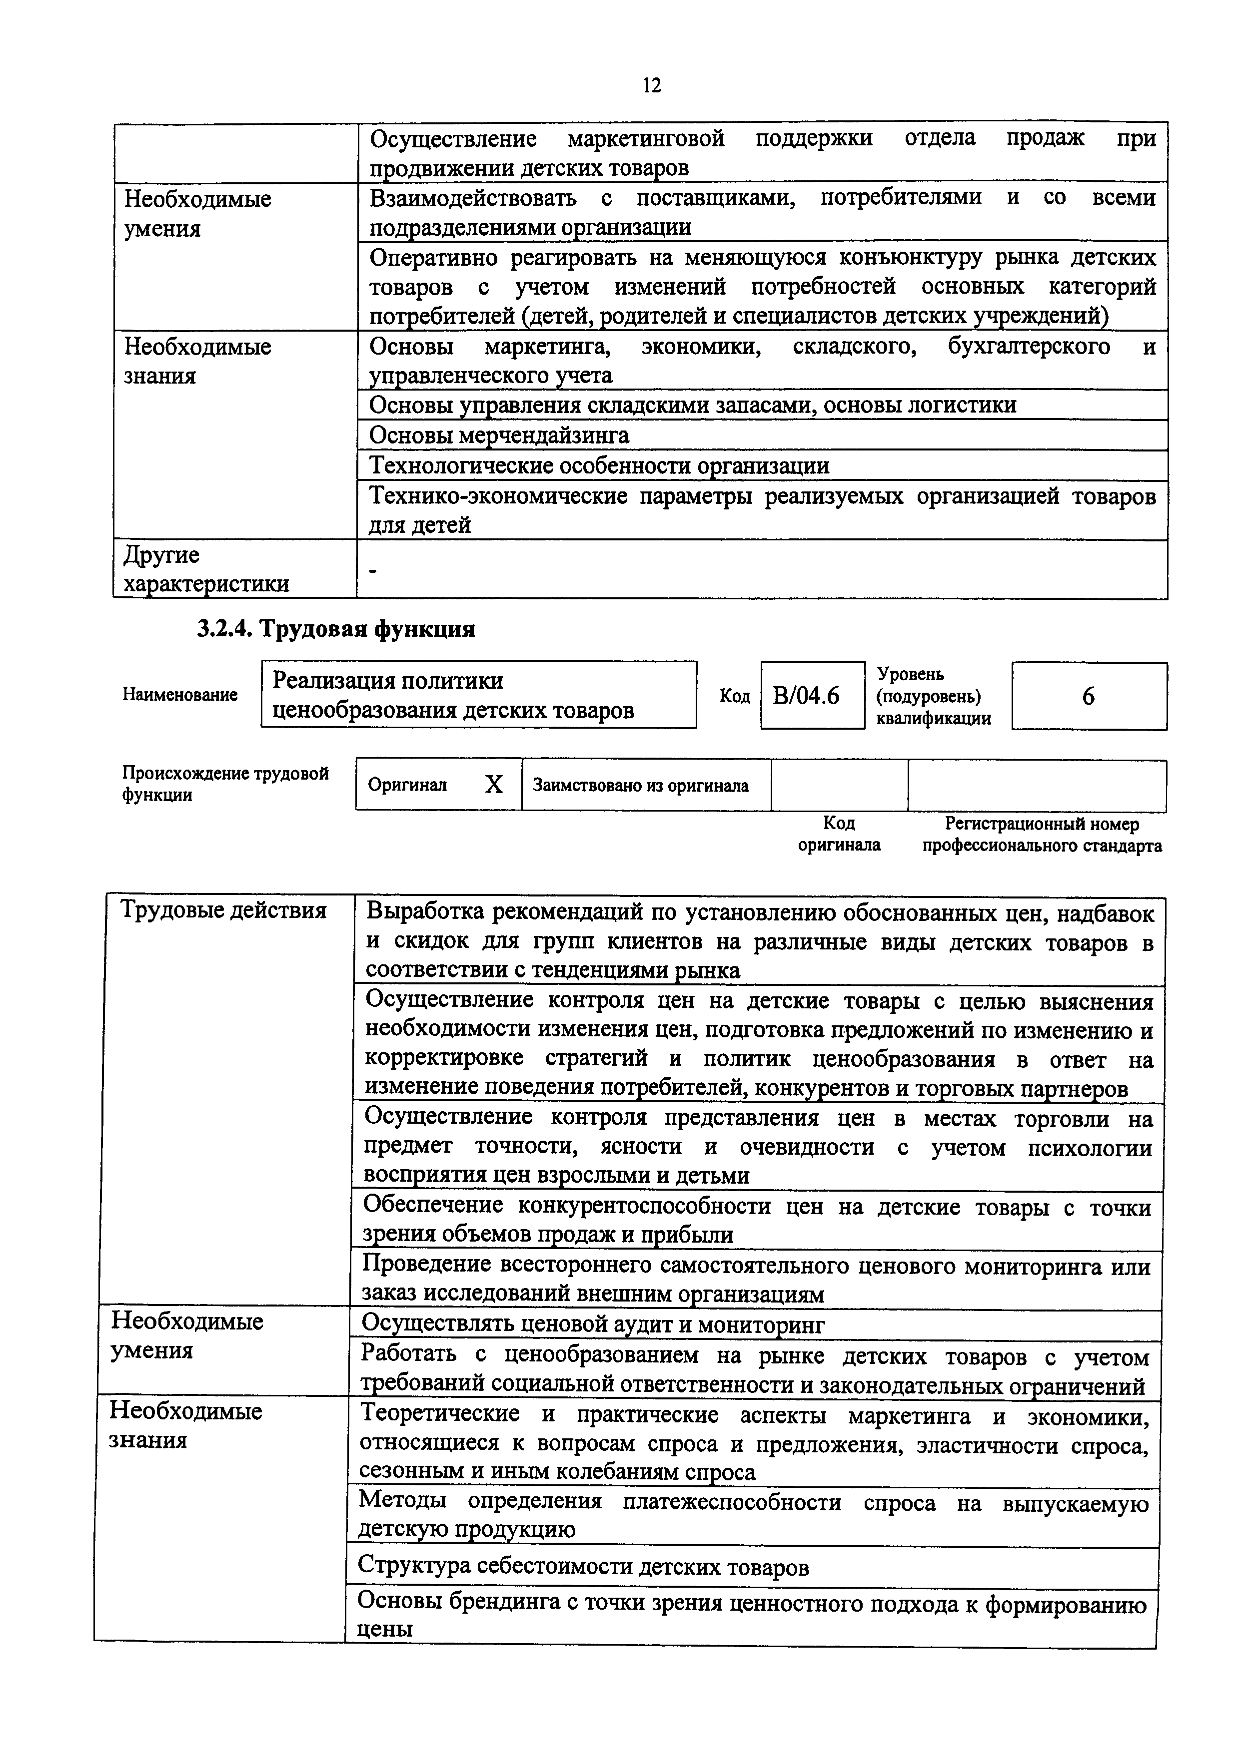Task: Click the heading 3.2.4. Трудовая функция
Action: click(x=336, y=629)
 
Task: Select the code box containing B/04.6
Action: click(x=812, y=695)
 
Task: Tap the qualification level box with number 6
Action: click(x=1089, y=696)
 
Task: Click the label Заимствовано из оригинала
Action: click(x=641, y=785)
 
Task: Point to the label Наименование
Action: click(x=180, y=695)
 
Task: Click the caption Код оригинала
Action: click(x=839, y=834)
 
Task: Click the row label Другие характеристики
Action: click(x=206, y=569)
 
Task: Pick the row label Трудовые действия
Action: click(x=224, y=910)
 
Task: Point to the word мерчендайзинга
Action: click(x=544, y=436)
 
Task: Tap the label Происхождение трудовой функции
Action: click(x=225, y=784)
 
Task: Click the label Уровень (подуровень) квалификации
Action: click(x=933, y=696)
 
